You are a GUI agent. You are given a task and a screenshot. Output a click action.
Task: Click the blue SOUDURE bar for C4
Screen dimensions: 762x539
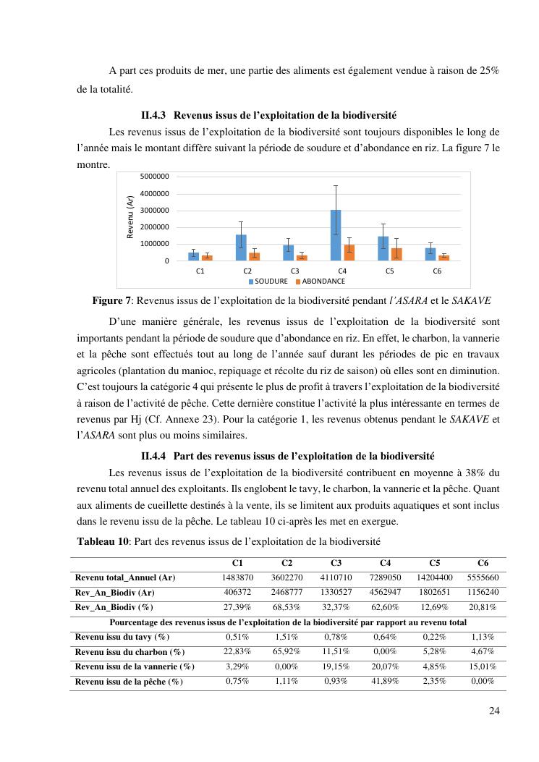pyautogui.click(x=336, y=235)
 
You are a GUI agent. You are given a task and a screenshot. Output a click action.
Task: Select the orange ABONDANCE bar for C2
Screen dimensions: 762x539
pyautogui.click(x=254, y=256)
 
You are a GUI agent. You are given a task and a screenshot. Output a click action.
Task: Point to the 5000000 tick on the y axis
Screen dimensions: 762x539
pyautogui.click(x=154, y=177)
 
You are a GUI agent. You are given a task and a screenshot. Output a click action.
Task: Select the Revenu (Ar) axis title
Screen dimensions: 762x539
pyautogui.click(x=130, y=217)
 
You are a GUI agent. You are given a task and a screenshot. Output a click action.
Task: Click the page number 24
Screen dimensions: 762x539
pyautogui.click(x=494, y=711)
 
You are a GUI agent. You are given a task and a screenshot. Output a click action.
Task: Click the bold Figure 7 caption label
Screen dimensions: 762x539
pyautogui.click(x=113, y=300)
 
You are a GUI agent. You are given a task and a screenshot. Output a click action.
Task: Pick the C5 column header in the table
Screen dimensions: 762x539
pyautogui.click(x=435, y=563)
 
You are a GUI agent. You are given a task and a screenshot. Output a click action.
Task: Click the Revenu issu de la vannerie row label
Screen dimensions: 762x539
pyautogui.click(x=135, y=666)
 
